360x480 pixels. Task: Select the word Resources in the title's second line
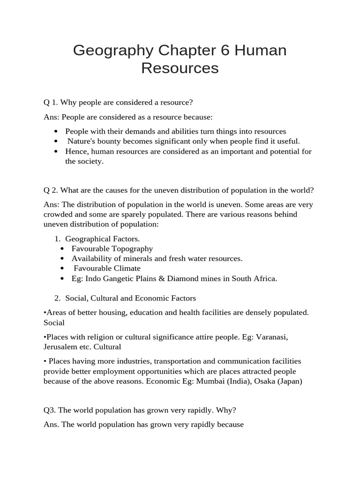(180, 68)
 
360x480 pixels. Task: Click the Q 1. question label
(51, 102)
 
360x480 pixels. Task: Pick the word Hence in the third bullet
(76, 151)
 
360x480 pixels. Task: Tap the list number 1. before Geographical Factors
(58, 239)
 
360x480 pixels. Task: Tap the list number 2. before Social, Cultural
(58, 298)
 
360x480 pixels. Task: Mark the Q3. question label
(50, 410)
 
